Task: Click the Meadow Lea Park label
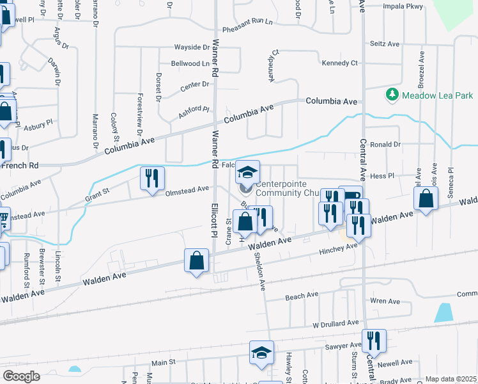(x=437, y=95)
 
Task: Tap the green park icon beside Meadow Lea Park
(x=392, y=95)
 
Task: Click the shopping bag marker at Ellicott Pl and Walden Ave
(x=197, y=261)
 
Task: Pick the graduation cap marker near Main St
(x=261, y=353)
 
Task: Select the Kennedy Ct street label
(x=340, y=63)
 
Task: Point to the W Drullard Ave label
(x=335, y=325)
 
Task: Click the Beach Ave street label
(x=302, y=296)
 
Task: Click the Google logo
(x=21, y=376)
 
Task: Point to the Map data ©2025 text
(x=450, y=379)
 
